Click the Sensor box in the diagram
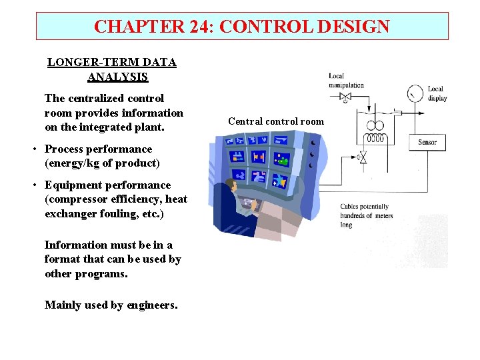pyautogui.click(x=427, y=142)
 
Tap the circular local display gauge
pyautogui.click(x=415, y=93)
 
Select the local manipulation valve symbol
pyautogui.click(x=345, y=98)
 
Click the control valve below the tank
pyautogui.click(x=363, y=158)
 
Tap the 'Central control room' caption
pyautogui.click(x=275, y=121)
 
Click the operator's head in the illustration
pyautogui.click(x=233, y=184)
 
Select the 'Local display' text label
pyautogui.click(x=437, y=93)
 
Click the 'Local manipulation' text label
pyautogui.click(x=346, y=81)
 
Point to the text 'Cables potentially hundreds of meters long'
pyautogui.click(x=366, y=215)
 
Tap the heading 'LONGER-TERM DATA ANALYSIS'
pyautogui.click(x=112, y=69)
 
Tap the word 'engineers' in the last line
pyautogui.click(x=152, y=305)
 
